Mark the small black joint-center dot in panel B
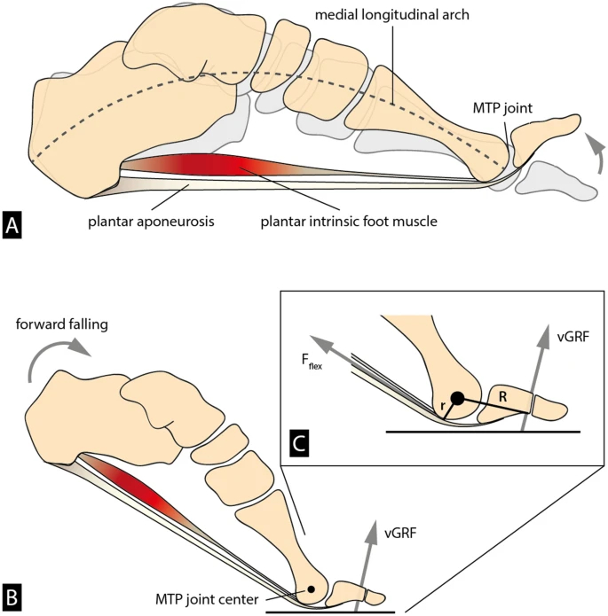point(311,589)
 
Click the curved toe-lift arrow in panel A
point(597,152)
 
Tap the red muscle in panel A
point(213,166)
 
